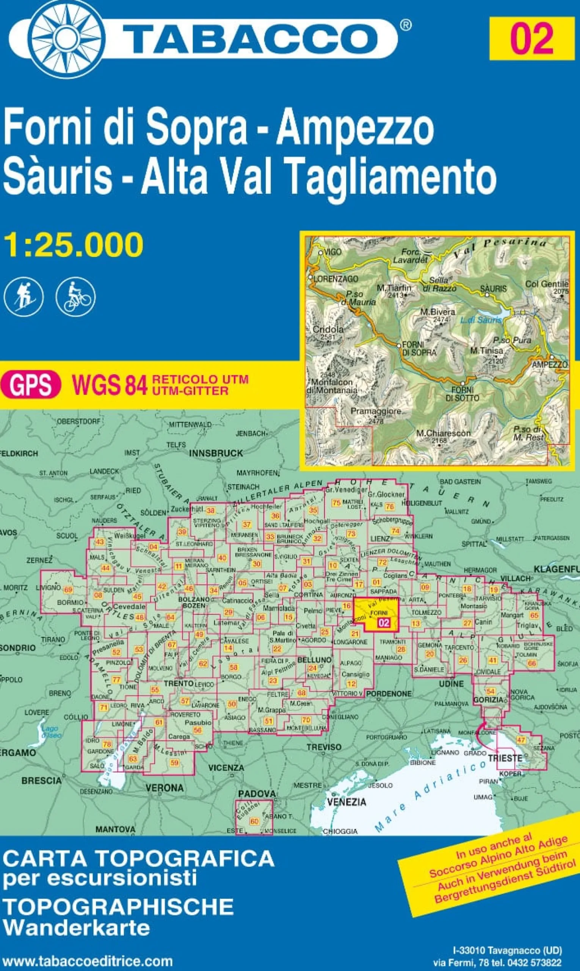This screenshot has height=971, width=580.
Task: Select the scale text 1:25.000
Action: click(74, 245)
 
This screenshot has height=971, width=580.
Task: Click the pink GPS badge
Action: click(30, 384)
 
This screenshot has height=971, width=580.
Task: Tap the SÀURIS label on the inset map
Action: click(493, 289)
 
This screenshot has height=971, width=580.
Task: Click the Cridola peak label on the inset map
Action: click(328, 329)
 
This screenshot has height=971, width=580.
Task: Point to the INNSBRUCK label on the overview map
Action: click(216, 453)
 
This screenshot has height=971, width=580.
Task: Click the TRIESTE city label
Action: click(505, 758)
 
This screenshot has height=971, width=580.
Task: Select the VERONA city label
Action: click(165, 787)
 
